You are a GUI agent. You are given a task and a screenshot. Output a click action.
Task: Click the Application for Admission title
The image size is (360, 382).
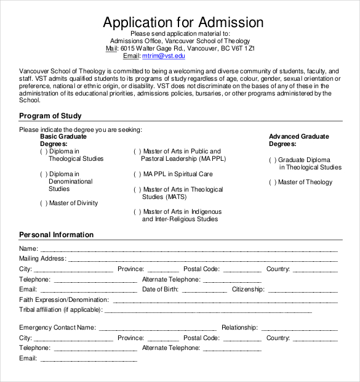click(x=183, y=23)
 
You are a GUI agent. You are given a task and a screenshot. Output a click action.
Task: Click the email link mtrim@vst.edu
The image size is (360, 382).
click(x=163, y=56)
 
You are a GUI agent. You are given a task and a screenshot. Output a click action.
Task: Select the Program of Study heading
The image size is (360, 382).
click(x=50, y=116)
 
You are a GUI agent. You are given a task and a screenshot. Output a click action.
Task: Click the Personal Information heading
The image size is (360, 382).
click(x=56, y=235)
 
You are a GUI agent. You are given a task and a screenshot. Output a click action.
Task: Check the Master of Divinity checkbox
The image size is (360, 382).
click(x=44, y=203)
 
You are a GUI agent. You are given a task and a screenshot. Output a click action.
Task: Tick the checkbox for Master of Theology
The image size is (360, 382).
click(x=272, y=182)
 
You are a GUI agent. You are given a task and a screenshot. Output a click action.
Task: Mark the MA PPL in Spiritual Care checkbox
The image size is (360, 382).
click(x=137, y=174)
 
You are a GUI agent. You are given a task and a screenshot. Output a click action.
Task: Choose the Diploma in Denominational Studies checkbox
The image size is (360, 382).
click(x=44, y=174)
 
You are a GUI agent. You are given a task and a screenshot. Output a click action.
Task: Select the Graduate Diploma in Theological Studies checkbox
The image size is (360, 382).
click(x=272, y=160)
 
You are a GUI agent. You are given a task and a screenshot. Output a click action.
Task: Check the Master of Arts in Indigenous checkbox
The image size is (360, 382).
click(x=137, y=212)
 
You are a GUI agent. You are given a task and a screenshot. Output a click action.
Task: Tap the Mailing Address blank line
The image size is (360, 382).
click(x=202, y=260)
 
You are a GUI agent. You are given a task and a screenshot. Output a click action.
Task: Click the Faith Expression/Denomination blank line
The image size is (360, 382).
click(x=225, y=301)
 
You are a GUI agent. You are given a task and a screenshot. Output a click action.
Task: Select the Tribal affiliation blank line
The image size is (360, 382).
click(x=206, y=311)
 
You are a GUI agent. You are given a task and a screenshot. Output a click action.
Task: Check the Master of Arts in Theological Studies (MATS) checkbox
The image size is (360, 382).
click(x=137, y=190)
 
